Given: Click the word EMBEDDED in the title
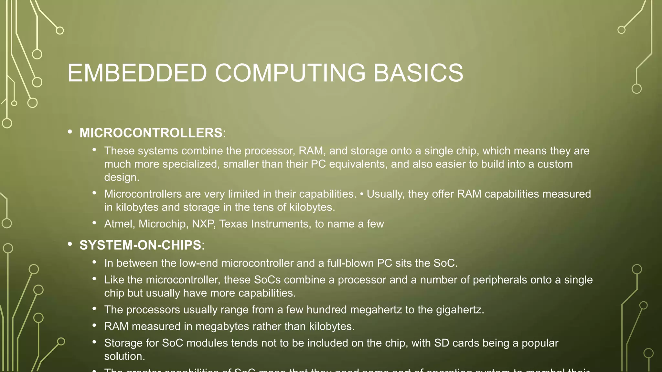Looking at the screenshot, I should pyautogui.click(x=137, y=73).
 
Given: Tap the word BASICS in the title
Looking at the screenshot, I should pyautogui.click(x=418, y=73).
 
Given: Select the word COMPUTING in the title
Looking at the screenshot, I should pyautogui.click(x=290, y=73).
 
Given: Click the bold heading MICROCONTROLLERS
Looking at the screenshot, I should pyautogui.click(x=151, y=133).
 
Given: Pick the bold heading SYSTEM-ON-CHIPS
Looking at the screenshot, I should pyautogui.click(x=141, y=245).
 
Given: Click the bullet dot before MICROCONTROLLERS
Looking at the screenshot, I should pyautogui.click(x=70, y=132).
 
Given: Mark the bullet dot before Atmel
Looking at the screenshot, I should pyautogui.click(x=94, y=222).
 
